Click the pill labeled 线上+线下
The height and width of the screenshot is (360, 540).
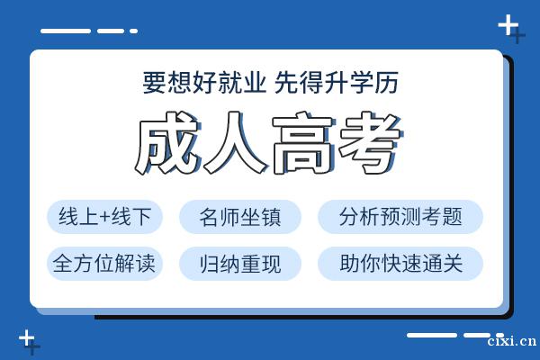104,217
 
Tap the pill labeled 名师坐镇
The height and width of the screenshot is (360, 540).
240,217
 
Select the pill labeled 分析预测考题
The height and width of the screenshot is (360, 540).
400,217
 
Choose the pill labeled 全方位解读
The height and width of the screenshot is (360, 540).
104,263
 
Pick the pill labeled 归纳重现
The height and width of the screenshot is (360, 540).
240,263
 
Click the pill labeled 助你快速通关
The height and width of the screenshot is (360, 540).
400,263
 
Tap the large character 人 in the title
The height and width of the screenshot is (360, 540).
235,142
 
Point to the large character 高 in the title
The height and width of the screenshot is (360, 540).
302,144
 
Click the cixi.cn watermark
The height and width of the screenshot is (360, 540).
512,341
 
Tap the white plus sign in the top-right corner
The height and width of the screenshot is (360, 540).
508,25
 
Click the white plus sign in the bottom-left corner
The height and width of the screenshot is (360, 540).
26,338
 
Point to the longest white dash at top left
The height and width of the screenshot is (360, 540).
66,31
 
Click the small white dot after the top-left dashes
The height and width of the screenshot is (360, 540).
133,31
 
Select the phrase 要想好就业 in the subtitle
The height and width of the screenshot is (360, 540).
204,83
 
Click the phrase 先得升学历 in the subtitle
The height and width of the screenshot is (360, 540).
337,83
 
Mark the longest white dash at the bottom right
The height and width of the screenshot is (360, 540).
432,335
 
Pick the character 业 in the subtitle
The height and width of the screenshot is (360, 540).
254,83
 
